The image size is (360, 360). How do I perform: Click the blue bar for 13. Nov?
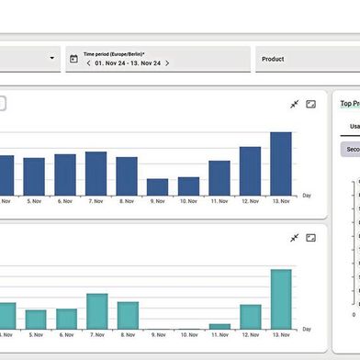coord(281,163)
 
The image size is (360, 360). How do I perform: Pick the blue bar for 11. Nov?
coord(219,177)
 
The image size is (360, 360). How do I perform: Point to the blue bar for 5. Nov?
coord(34,176)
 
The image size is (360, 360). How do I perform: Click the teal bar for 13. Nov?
coord(281,299)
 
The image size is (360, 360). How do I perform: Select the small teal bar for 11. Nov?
coord(219,326)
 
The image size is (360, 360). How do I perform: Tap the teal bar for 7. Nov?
coord(96,311)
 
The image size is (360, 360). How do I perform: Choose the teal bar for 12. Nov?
coord(250,317)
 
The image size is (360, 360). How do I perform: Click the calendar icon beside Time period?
coord(73,59)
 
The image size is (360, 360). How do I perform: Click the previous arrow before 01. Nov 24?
coord(87,63)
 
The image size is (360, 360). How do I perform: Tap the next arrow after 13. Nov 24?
coord(167,63)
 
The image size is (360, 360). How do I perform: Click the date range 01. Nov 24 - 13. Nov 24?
coord(127,63)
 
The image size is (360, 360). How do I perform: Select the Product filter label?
coord(273,59)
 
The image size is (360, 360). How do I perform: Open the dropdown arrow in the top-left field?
coord(51,59)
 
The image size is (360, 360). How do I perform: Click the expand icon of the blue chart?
coord(310,104)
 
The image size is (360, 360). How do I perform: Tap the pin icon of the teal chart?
coord(294,238)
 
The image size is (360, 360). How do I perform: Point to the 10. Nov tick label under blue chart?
coord(188,201)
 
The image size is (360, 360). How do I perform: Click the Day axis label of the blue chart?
coord(307,196)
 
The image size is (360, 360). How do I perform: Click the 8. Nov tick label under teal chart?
coord(127,337)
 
